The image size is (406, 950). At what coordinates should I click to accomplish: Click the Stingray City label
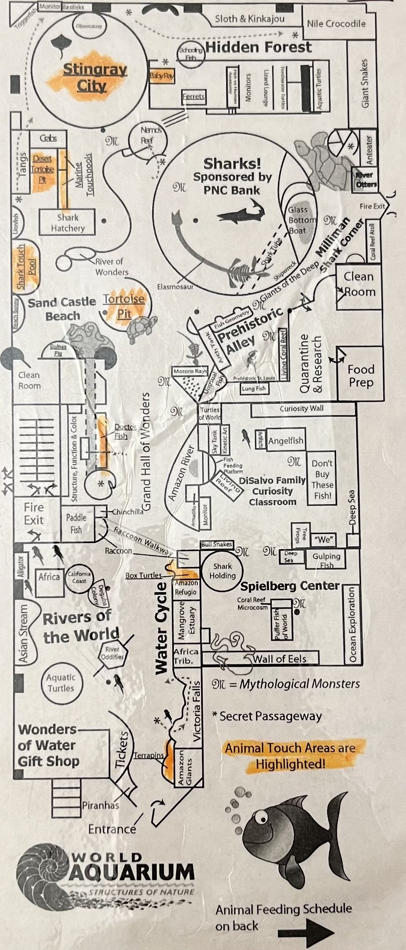[95, 77]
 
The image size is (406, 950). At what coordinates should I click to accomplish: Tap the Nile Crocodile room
[336, 24]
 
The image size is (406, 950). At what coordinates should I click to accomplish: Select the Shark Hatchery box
[67, 223]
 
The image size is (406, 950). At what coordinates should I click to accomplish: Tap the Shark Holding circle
[222, 571]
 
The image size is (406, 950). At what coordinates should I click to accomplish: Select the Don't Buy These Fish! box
[322, 479]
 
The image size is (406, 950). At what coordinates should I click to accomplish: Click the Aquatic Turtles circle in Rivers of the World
[61, 683]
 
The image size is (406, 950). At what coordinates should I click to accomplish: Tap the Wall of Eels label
[279, 658]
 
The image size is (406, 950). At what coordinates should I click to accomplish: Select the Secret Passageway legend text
[267, 716]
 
